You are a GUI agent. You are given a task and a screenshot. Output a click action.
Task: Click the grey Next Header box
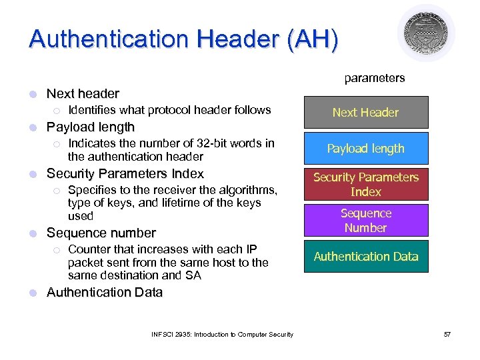(365, 113)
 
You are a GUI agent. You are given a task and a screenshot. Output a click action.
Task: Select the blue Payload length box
(365, 149)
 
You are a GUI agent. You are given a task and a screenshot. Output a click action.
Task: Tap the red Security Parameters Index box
(365, 185)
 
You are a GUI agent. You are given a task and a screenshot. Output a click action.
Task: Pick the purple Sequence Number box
(365, 221)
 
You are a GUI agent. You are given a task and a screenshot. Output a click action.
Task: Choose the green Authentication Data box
(365, 257)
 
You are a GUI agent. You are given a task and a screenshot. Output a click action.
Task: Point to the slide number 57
(447, 334)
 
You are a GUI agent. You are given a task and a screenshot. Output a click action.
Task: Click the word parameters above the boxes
(374, 78)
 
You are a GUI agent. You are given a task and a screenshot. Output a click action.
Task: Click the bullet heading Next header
(83, 93)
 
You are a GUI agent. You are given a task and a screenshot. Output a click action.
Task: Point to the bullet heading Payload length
(91, 127)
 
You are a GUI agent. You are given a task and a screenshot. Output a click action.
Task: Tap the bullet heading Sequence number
(101, 233)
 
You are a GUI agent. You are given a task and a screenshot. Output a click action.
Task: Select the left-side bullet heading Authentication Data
(104, 292)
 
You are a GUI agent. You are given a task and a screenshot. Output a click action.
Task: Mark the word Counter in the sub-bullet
(89, 249)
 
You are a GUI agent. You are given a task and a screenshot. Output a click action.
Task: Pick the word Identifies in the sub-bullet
(93, 110)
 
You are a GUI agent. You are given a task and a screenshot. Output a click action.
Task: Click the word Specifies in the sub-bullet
(92, 190)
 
